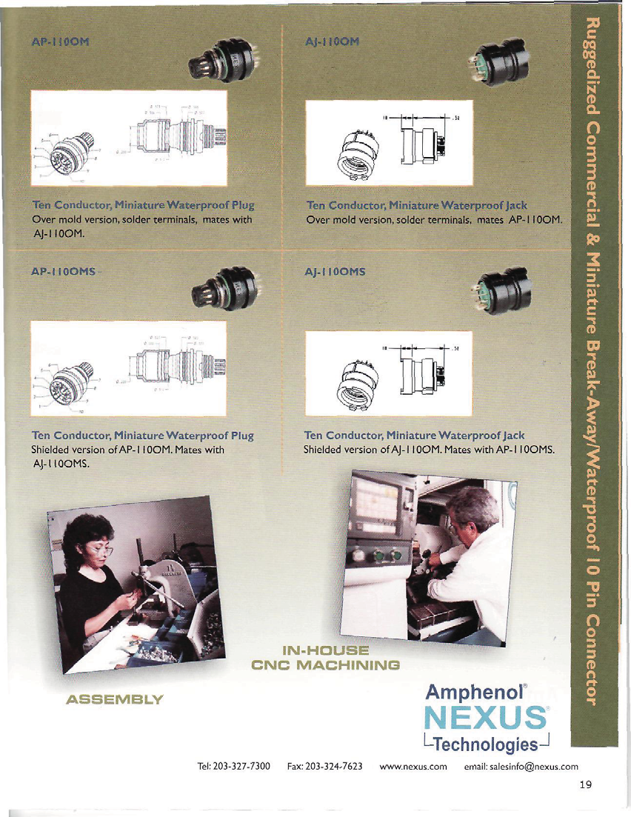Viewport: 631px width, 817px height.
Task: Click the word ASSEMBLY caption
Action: (113, 698)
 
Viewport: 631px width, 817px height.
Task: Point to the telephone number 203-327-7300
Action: (244, 765)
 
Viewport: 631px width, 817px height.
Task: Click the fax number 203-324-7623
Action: (335, 765)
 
